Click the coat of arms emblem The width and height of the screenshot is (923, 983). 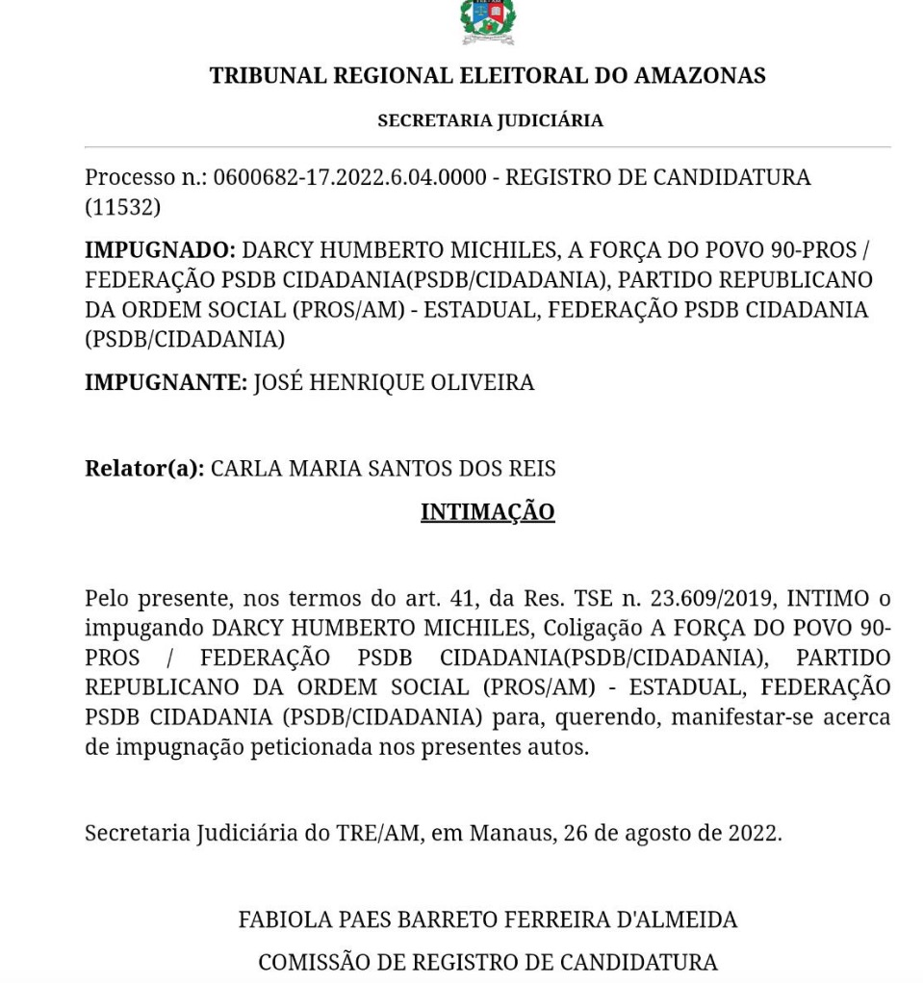[488, 21]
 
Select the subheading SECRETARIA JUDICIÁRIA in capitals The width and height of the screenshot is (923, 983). [490, 120]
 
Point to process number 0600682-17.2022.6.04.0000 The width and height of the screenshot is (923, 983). [349, 178]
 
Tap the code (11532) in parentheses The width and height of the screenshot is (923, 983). [122, 206]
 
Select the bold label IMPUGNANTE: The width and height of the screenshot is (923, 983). [166, 382]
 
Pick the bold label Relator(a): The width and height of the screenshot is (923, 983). [144, 469]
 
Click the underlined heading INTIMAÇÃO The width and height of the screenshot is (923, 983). [487, 511]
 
